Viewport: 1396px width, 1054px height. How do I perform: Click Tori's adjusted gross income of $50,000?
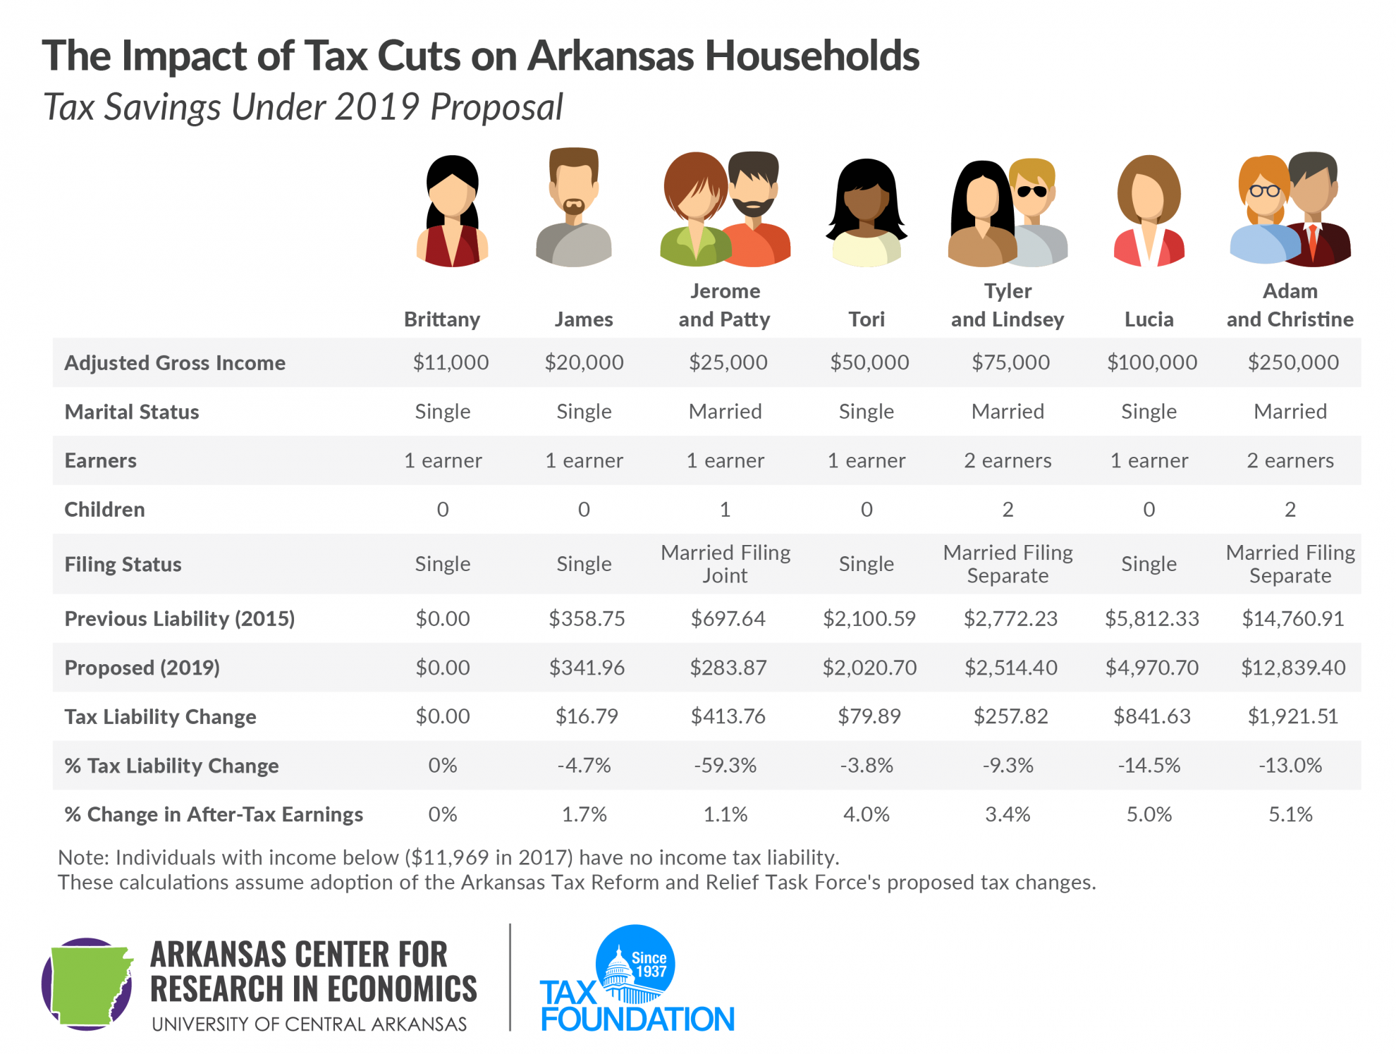click(869, 362)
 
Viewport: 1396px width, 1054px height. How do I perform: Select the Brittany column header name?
click(442, 319)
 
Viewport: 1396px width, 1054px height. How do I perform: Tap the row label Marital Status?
click(132, 412)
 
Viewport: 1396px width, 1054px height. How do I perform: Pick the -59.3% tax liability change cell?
click(725, 766)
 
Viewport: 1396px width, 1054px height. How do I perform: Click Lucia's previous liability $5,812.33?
click(1151, 619)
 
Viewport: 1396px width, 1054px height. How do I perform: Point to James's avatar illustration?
click(574, 208)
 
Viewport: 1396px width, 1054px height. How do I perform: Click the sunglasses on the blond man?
click(1031, 191)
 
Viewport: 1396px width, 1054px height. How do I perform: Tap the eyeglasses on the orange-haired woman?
click(1264, 190)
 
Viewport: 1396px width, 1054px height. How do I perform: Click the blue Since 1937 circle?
click(636, 963)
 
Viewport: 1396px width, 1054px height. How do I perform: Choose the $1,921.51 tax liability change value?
click(1292, 717)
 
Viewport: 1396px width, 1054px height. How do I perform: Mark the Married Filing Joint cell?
click(725, 564)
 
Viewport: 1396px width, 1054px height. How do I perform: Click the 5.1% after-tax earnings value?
click(1290, 815)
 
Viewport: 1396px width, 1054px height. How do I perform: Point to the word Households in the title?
click(812, 56)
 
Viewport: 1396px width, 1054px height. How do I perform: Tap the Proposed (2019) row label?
click(142, 668)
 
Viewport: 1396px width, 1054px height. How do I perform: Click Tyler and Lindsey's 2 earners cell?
click(1008, 461)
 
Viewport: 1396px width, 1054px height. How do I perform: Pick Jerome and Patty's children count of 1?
click(725, 510)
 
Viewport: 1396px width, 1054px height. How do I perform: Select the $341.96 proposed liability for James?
click(587, 668)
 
